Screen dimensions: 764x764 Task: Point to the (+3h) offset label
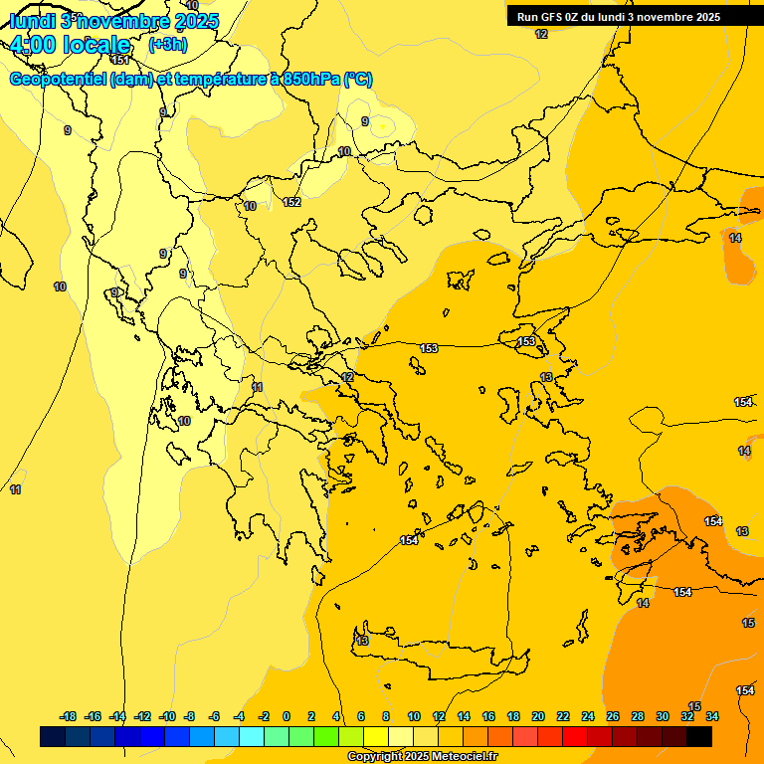167,45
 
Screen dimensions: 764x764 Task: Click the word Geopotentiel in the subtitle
58,80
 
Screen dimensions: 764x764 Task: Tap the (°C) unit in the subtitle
357,80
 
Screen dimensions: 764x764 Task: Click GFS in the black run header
553,16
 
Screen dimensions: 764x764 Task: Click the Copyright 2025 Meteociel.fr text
422,757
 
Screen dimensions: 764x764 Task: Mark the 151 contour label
119,60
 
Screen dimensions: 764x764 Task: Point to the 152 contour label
291,202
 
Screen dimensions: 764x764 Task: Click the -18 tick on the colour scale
68,716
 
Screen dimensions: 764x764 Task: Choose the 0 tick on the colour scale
286,716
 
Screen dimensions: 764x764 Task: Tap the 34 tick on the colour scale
711,716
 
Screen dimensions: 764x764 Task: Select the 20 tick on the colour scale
538,716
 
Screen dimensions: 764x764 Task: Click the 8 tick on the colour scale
385,716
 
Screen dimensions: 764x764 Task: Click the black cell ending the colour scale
699,736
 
